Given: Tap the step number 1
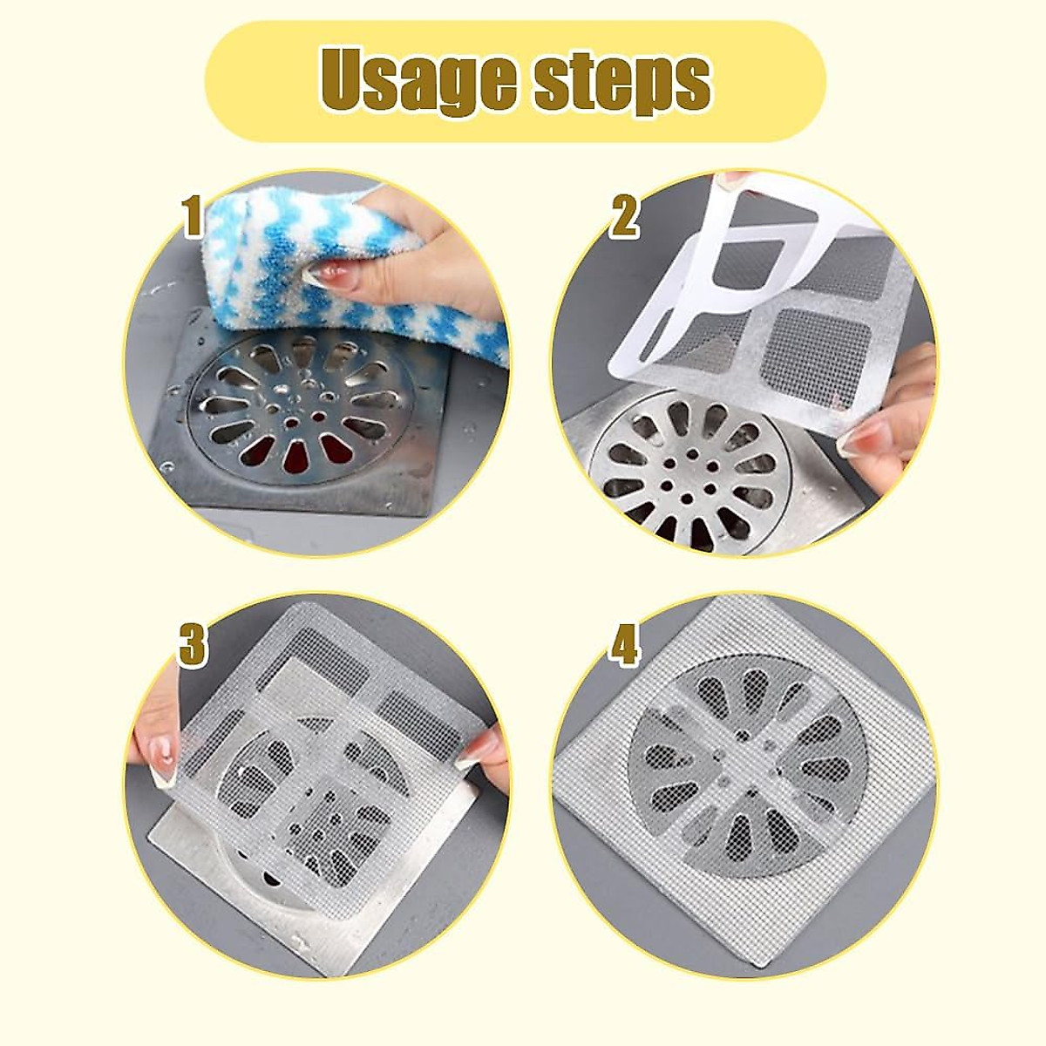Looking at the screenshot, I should pos(193,218).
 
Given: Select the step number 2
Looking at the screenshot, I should pos(624,218).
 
